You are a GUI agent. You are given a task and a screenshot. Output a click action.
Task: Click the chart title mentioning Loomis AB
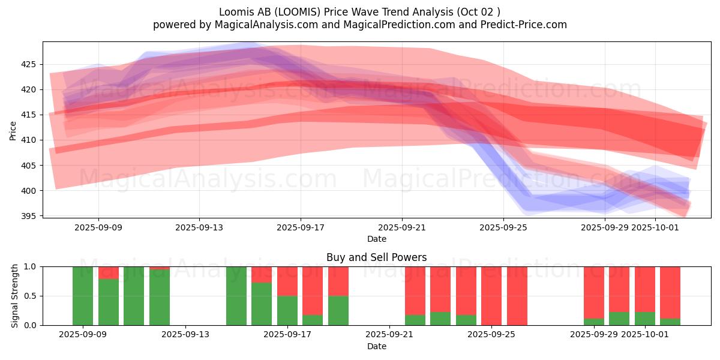pos(359,11)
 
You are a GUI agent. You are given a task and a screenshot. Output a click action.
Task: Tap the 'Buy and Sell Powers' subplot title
pos(376,257)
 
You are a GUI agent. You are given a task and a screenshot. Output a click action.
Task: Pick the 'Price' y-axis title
pos(13,130)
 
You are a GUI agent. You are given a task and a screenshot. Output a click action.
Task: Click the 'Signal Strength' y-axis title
pos(15,296)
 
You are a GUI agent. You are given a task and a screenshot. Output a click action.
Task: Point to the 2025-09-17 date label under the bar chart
pos(288,335)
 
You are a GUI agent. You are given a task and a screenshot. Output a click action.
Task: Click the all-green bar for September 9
pos(83,296)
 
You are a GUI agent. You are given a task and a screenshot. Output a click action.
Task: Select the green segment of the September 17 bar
pos(287,310)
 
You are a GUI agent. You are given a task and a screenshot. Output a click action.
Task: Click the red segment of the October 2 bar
pos(670,292)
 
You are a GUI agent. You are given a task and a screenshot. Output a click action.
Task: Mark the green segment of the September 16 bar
pos(262,304)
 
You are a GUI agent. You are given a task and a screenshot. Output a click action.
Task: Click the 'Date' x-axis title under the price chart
pos(376,239)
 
